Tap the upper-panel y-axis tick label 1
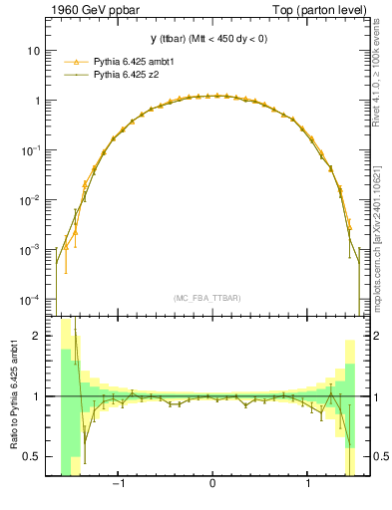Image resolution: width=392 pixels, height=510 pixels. click(37, 101)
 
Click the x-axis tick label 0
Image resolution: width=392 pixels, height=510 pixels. click(212, 485)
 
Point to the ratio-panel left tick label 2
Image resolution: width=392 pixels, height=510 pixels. click(37, 336)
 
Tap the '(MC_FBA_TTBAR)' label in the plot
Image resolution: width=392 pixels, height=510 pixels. click(206, 298)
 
